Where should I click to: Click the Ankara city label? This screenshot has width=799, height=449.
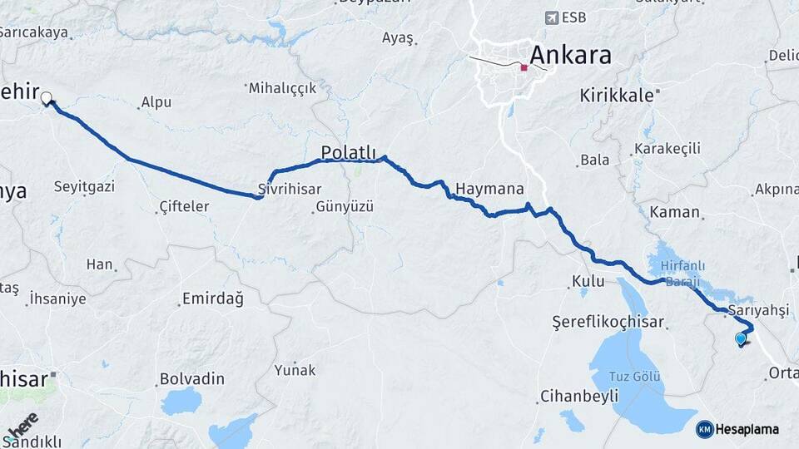click(x=570, y=56)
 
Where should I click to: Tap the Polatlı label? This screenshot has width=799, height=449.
click(x=348, y=151)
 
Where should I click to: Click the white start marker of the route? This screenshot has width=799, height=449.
click(x=46, y=98)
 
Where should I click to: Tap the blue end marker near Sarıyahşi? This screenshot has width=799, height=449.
click(x=741, y=338)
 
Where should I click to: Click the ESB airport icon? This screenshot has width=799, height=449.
click(x=550, y=17)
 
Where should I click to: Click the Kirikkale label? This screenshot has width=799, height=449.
click(x=616, y=96)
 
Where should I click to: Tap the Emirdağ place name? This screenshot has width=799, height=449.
click(x=212, y=299)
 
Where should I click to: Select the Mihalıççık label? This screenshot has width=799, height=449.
click(x=281, y=87)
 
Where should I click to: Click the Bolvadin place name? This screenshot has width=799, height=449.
click(x=191, y=379)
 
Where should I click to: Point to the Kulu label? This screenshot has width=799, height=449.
click(x=587, y=282)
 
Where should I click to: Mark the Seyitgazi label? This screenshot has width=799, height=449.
click(x=83, y=186)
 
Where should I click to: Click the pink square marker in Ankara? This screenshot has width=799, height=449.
click(x=524, y=68)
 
